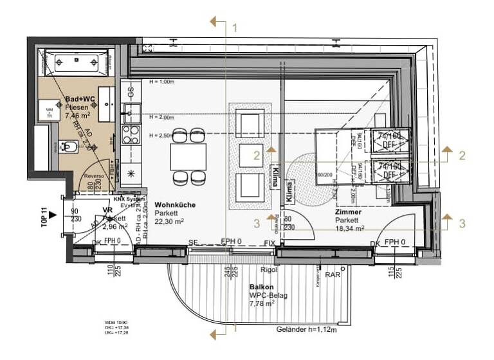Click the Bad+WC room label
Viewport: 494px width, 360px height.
(x=77, y=100)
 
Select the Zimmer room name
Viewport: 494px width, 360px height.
(x=348, y=212)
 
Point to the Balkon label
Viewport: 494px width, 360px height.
(x=261, y=287)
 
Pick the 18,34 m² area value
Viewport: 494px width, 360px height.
(x=349, y=228)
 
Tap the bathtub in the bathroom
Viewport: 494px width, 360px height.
(x=77, y=63)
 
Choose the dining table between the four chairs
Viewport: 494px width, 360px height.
(x=188, y=156)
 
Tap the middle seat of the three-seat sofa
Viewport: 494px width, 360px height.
(x=250, y=155)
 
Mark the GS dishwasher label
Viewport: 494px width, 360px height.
(x=131, y=90)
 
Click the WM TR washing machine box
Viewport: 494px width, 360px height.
(x=49, y=110)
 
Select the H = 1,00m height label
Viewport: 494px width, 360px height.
(x=162, y=82)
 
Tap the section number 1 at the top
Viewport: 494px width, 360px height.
(x=235, y=28)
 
